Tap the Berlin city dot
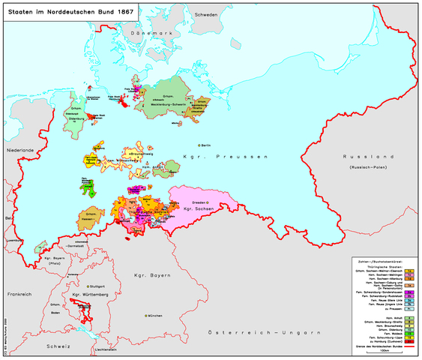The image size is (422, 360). [199, 145]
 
